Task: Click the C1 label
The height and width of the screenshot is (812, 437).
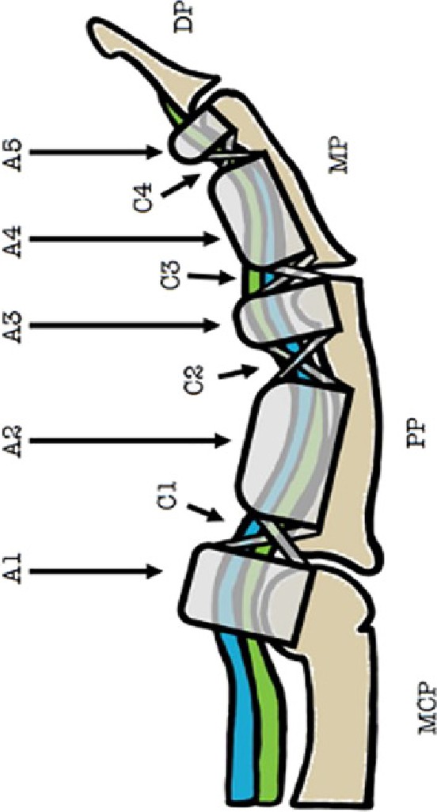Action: pos(169,495)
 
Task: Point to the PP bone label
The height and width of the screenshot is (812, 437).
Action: pos(416,434)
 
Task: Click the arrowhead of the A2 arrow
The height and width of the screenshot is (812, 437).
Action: pos(222,441)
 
